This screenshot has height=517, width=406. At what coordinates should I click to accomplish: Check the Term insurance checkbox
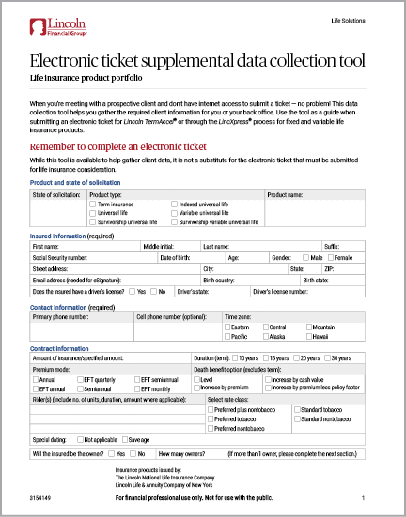[92, 203]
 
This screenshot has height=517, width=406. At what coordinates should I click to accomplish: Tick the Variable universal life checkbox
[174, 212]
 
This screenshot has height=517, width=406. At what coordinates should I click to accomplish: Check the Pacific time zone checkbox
[226, 335]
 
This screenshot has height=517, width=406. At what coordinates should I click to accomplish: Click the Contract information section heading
[61, 348]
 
